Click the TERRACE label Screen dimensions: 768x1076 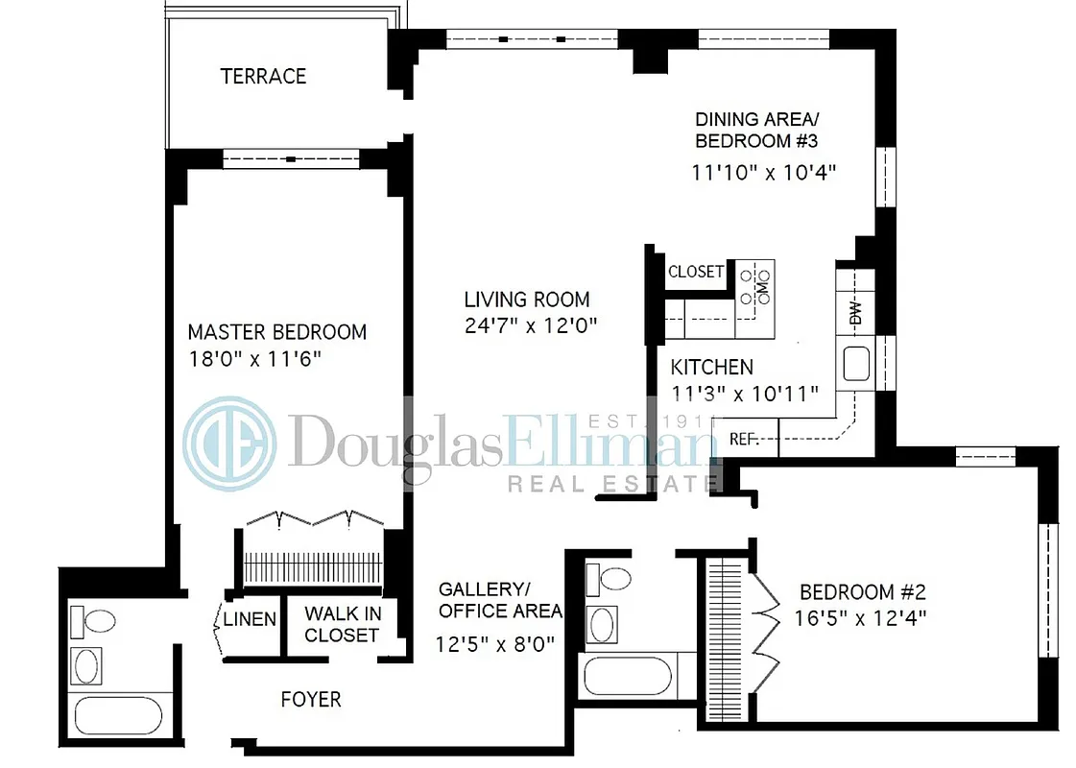coord(263,76)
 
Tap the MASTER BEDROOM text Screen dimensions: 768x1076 coord(276,332)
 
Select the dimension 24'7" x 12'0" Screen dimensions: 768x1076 coord(531,324)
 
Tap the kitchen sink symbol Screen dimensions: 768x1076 coord(855,364)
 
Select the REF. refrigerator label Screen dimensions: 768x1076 coord(744,440)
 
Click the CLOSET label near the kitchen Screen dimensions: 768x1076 coord(696,272)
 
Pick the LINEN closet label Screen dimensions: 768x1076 coord(250,619)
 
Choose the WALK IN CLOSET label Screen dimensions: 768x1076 coord(342,624)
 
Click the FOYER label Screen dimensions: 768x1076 coord(310,699)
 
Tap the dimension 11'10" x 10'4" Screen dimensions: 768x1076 coord(764,174)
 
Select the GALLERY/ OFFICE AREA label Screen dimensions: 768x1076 coord(499,599)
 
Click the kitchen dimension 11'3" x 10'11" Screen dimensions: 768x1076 coord(744,392)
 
